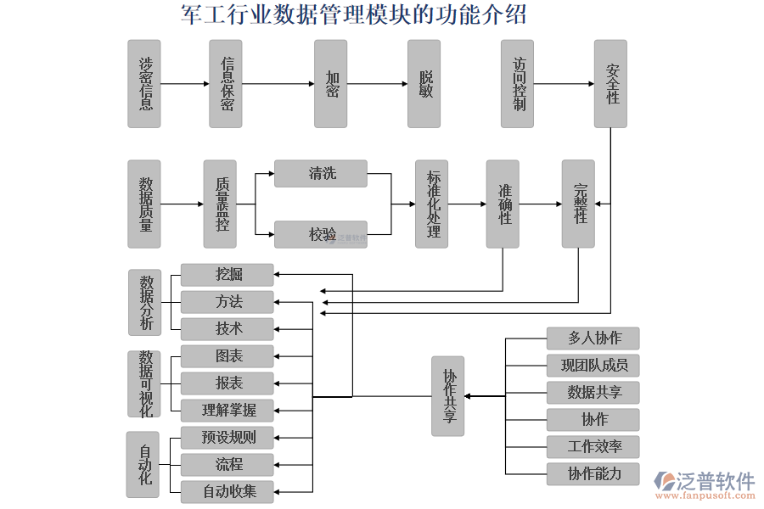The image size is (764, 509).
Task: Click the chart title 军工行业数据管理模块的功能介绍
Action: [x=354, y=14]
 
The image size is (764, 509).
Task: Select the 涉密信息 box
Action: [x=144, y=84]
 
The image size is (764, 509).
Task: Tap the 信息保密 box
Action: [x=226, y=84]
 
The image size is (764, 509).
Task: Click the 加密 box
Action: [x=331, y=84]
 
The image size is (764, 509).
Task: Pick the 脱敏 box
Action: [x=424, y=84]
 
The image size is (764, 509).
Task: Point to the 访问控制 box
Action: [x=517, y=84]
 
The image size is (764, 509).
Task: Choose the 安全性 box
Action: [x=610, y=84]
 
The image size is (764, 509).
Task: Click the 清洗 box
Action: [x=321, y=174]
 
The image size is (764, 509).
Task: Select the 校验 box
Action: [x=321, y=234]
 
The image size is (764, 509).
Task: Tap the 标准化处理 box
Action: [x=431, y=204]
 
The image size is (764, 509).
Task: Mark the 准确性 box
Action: [x=503, y=204]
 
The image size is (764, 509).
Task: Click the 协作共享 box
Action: [x=447, y=396]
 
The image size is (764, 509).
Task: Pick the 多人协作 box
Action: [x=593, y=338]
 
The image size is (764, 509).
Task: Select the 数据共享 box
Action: [x=593, y=393]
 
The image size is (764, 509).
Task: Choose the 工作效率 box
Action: [x=593, y=447]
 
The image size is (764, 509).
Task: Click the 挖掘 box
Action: [x=228, y=275]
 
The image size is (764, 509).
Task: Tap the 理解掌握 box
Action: [x=228, y=411]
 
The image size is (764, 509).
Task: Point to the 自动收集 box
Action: [x=228, y=491]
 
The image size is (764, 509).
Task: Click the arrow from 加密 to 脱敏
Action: [x=377, y=84]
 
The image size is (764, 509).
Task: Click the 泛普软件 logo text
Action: [x=715, y=481]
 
